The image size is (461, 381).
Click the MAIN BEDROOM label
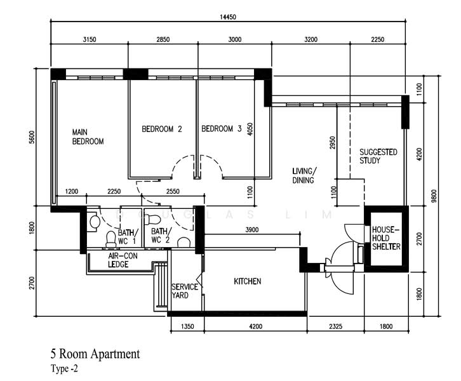(x=88, y=137)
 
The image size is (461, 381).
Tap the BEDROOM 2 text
(x=161, y=129)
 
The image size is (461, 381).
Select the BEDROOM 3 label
(x=221, y=129)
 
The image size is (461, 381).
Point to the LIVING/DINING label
(x=304, y=175)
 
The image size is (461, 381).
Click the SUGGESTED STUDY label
(x=378, y=156)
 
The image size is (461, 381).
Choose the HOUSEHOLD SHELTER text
(x=386, y=237)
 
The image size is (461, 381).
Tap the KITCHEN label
(x=248, y=281)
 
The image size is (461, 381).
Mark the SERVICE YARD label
(x=185, y=291)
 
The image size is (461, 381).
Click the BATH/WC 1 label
(x=126, y=236)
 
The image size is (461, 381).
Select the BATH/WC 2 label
(x=161, y=236)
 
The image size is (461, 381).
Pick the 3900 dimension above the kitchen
(x=252, y=230)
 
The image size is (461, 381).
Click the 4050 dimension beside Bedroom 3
(x=250, y=130)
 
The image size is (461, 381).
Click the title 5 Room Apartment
(x=95, y=354)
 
